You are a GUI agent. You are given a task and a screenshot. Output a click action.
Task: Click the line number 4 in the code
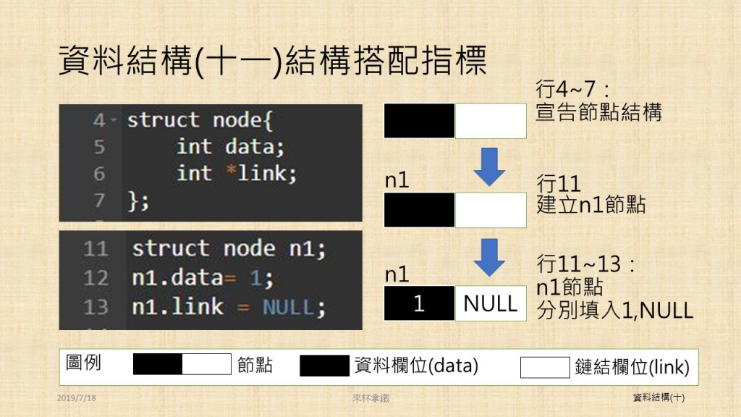[x=99, y=120]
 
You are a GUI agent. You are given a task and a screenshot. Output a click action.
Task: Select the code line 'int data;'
[x=231, y=147]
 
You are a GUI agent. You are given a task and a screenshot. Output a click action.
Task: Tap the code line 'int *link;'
[x=237, y=174]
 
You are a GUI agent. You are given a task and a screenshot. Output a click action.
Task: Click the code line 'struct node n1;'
[x=229, y=250]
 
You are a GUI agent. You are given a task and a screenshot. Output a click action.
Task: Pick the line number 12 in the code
[x=96, y=278]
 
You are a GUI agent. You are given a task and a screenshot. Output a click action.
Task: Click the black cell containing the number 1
[x=419, y=303]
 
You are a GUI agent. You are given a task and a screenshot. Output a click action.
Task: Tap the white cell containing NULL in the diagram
[x=491, y=303]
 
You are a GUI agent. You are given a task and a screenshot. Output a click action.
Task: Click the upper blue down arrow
[x=490, y=167]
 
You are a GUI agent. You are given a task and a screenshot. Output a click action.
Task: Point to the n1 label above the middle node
[x=397, y=181]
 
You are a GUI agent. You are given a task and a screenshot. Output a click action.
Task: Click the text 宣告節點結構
[x=598, y=113]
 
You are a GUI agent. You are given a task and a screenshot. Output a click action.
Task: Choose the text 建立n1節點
[x=590, y=205]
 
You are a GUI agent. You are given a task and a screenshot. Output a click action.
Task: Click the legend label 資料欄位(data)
[x=416, y=366]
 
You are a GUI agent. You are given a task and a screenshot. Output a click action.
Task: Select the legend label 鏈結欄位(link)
[x=632, y=367]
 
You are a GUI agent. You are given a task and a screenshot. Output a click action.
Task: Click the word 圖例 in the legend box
[x=83, y=363]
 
